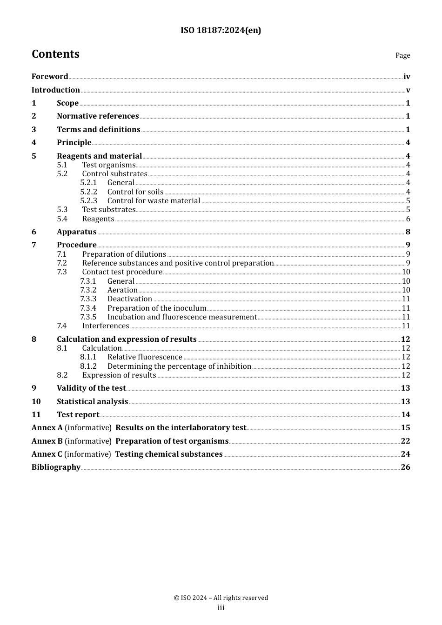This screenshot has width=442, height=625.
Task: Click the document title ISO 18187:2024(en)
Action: click(221, 31)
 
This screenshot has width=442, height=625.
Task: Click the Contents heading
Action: click(55, 54)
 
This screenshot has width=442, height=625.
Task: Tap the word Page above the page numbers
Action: click(402, 55)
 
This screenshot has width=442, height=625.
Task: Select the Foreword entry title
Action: click(50, 77)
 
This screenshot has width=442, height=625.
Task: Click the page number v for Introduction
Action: click(408, 90)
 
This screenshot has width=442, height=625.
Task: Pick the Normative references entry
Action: click(98, 116)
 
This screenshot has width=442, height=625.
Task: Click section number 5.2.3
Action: click(88, 201)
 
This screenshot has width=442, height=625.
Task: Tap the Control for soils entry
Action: click(135, 192)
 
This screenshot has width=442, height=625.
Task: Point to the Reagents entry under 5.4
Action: click(98, 219)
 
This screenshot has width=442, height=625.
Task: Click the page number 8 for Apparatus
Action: click(408, 232)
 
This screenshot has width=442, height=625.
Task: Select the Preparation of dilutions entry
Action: click(124, 254)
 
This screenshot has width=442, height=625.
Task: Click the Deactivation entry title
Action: click(129, 299)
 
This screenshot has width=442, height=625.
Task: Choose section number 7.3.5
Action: click(88, 317)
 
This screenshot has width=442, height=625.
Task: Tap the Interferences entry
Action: click(106, 326)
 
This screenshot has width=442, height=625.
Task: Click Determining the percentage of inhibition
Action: click(179, 366)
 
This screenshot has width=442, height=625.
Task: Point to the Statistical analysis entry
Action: click(92, 402)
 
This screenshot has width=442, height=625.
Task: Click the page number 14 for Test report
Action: click(406, 415)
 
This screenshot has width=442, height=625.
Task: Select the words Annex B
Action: click(47, 441)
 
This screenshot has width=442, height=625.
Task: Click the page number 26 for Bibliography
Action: click(406, 467)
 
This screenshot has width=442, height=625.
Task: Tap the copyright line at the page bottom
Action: click(221, 598)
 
